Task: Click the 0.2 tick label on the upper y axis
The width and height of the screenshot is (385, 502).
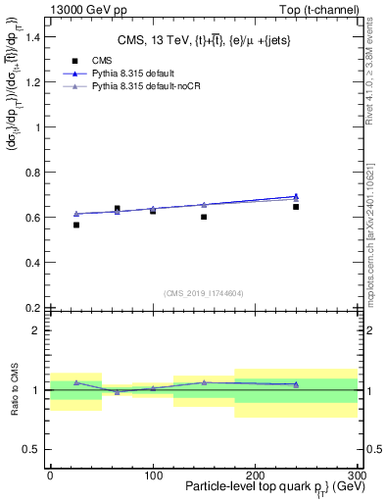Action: [x=34, y=308]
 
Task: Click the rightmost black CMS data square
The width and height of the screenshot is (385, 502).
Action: [x=296, y=207]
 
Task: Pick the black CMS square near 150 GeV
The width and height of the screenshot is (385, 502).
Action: [x=204, y=217]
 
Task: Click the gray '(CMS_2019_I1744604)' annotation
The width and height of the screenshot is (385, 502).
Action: [x=204, y=292]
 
